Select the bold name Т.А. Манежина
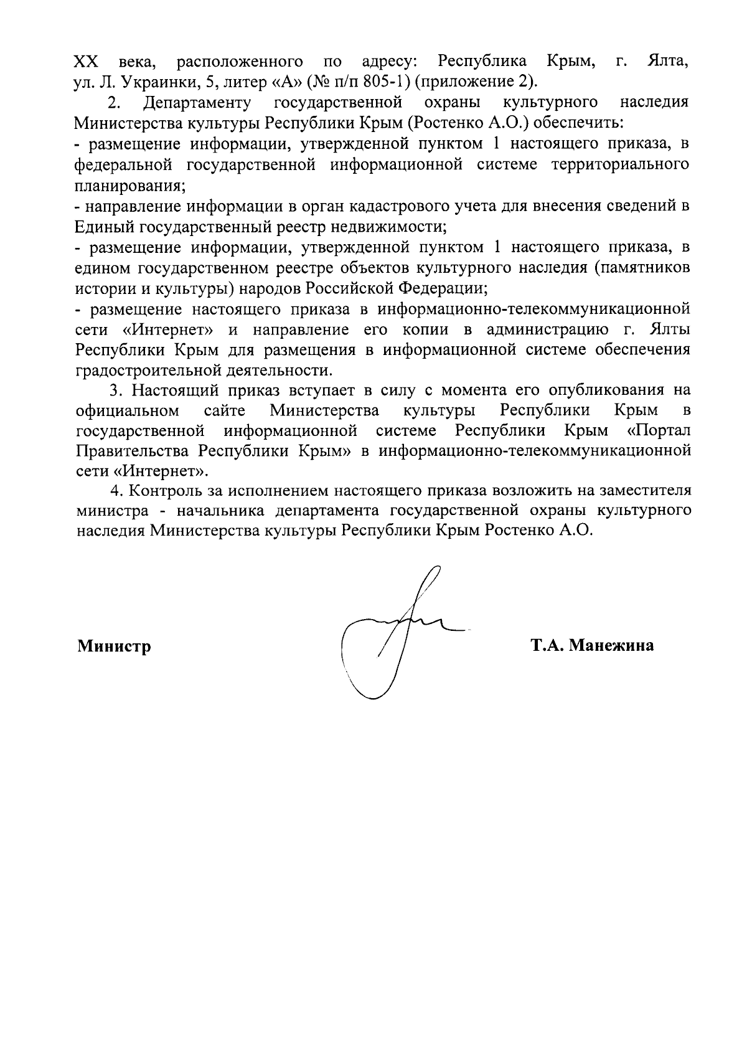[x=591, y=645]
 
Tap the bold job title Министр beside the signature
[x=114, y=646]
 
